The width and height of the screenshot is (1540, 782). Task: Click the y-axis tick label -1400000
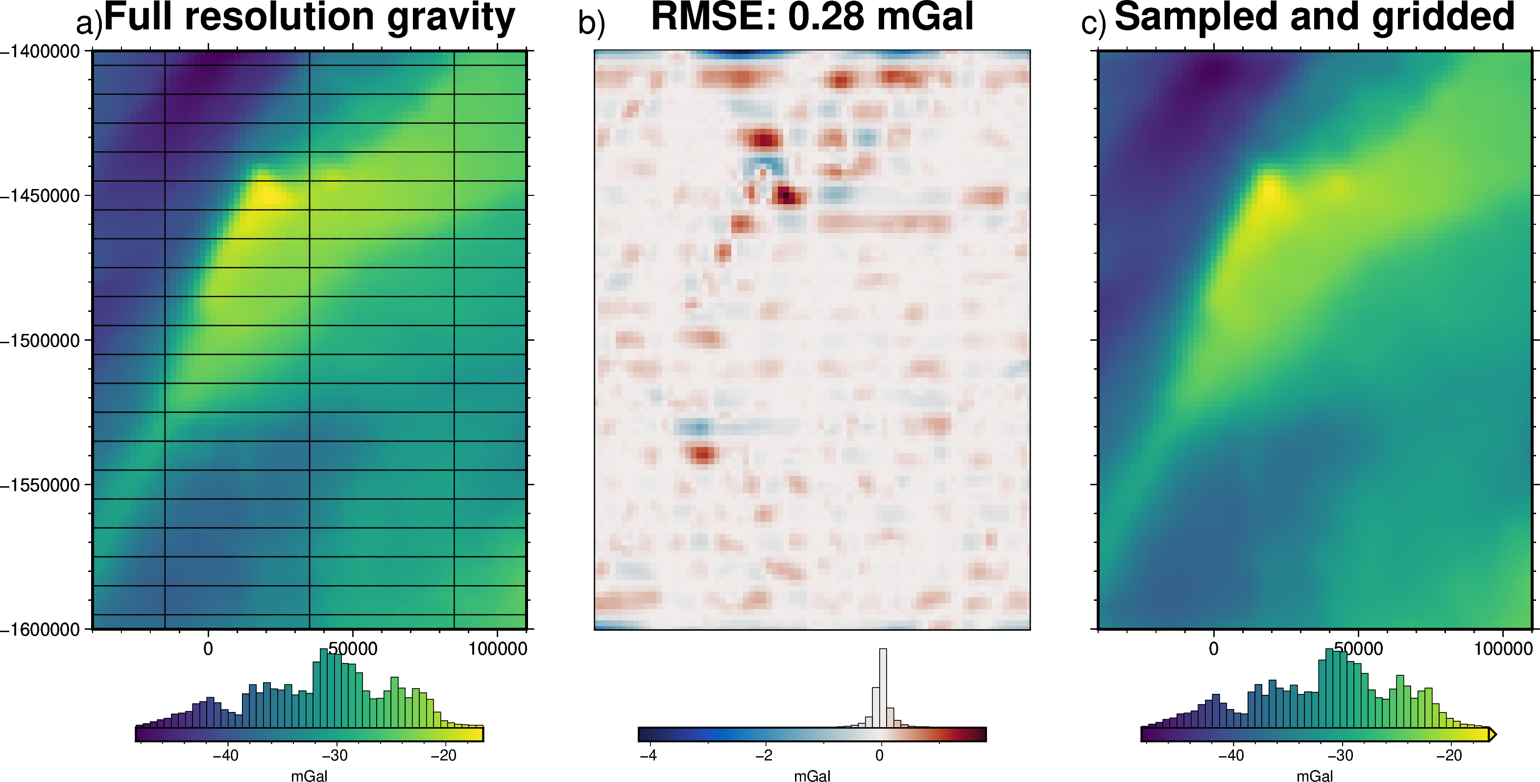(x=40, y=51)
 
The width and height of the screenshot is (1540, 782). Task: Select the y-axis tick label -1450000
(x=40, y=195)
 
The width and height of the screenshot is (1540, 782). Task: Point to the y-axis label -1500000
(x=40, y=340)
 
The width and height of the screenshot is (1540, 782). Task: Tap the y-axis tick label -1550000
(x=40, y=485)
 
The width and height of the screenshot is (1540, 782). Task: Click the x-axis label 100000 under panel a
(x=497, y=649)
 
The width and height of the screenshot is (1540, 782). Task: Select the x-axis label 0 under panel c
(x=1214, y=649)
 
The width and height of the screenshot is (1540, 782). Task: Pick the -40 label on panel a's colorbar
(x=225, y=756)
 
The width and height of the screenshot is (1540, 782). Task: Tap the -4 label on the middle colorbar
(x=648, y=756)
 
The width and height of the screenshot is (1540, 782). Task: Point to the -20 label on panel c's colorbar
(x=1449, y=756)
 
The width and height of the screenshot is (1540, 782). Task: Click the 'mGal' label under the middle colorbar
(x=812, y=776)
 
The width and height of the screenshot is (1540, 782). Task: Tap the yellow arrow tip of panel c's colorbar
(x=1493, y=734)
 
